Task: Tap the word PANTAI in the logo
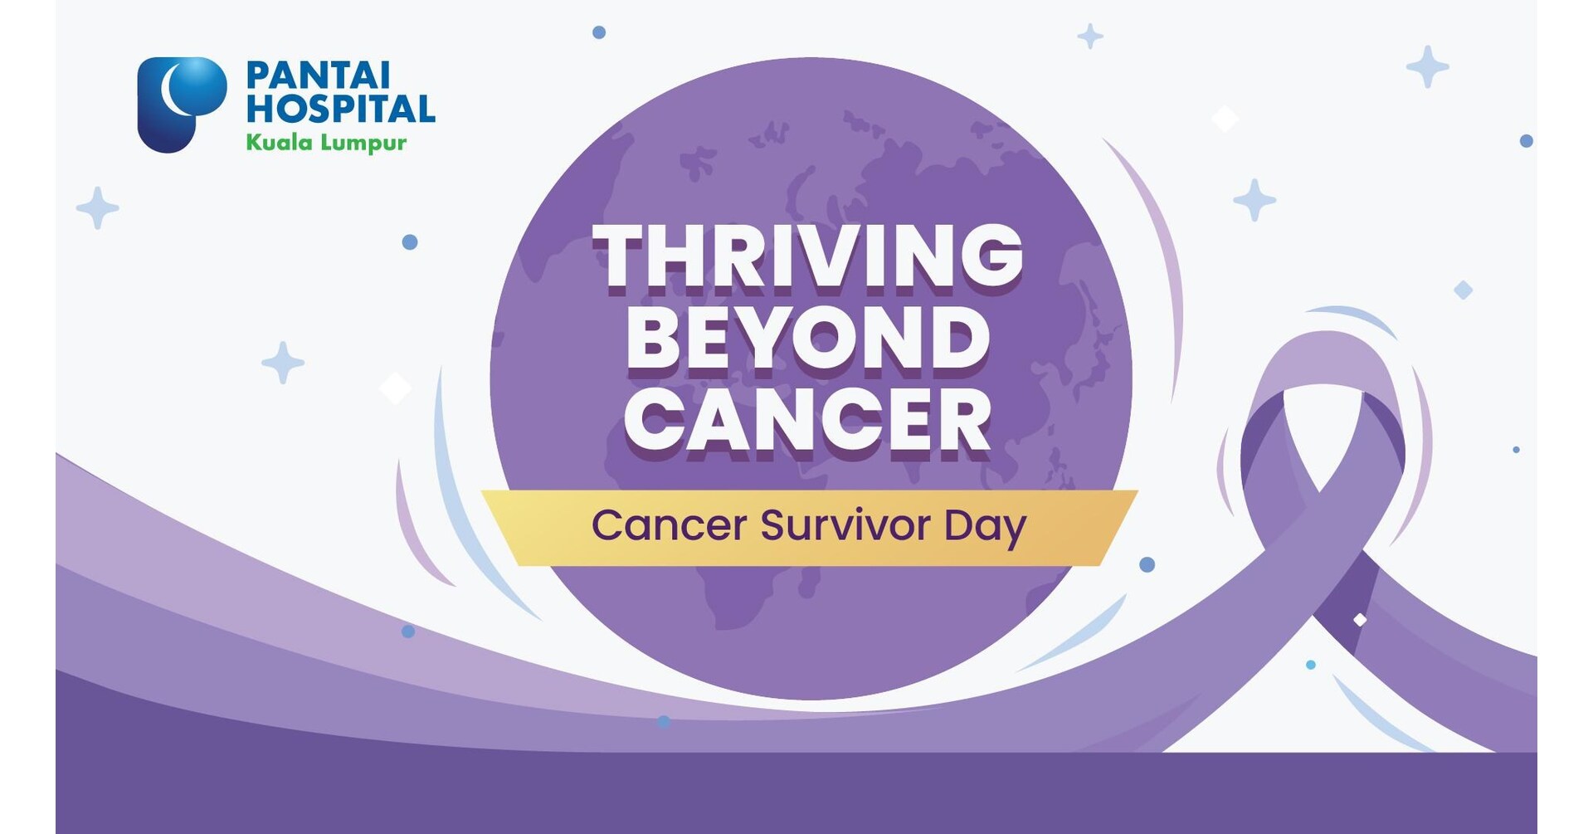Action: point(318,76)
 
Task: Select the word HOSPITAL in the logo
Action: point(340,109)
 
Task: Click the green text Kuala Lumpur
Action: point(326,143)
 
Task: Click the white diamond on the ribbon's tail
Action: point(1360,620)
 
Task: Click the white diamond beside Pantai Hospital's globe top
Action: point(1225,119)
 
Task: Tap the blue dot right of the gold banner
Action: point(1147,564)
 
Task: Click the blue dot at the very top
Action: point(599,32)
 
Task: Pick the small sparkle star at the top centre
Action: point(1089,37)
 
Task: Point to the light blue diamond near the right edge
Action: point(1464,290)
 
